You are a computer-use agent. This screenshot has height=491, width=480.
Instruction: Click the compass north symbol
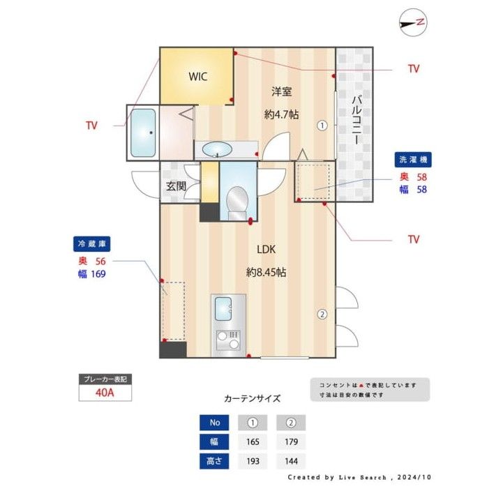pyautogui.click(x=412, y=22)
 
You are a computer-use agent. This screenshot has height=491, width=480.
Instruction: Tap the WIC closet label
pyautogui.click(x=197, y=77)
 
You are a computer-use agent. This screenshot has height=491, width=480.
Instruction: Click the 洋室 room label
pyautogui.click(x=281, y=91)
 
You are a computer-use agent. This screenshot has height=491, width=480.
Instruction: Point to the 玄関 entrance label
pyautogui.click(x=176, y=186)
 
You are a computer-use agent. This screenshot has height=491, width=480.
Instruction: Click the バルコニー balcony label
pyautogui.click(x=355, y=119)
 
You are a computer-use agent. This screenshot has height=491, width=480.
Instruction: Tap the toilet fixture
pyautogui.click(x=237, y=201)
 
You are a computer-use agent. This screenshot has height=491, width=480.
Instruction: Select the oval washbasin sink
pyautogui.click(x=218, y=149)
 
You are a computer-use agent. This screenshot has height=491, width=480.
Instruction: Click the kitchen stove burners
pyautogui.click(x=228, y=340)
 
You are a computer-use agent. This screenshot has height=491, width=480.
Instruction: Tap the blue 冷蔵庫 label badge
pyautogui.click(x=92, y=244)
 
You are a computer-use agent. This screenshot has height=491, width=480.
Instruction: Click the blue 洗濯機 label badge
pyautogui.click(x=412, y=160)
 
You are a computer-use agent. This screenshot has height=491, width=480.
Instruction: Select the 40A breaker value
pyautogui.click(x=104, y=392)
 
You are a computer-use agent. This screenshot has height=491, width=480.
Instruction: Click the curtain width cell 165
pyautogui.click(x=253, y=441)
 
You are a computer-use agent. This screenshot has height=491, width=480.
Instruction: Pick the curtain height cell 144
pyautogui.click(x=290, y=461)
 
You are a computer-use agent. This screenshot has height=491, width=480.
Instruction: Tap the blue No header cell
pyautogui.click(x=215, y=422)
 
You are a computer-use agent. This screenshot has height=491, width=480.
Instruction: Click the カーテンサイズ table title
pyautogui.click(x=252, y=399)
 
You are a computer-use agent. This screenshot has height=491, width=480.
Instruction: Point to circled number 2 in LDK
pyautogui.click(x=322, y=314)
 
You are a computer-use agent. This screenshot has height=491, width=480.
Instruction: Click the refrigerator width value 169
pyautogui.click(x=98, y=273)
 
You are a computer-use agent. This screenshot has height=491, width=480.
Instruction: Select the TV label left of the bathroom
pyautogui.click(x=91, y=126)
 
